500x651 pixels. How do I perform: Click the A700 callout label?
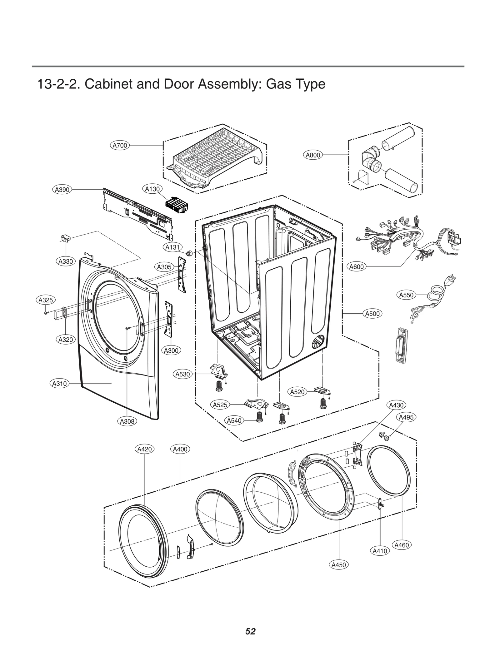coord(120,145)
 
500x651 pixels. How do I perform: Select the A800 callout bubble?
coord(313,155)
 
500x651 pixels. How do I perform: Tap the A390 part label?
coord(62,190)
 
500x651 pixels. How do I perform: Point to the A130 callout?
coord(152,189)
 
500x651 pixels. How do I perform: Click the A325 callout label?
coord(45,300)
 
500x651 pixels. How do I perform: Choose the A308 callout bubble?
coord(127,421)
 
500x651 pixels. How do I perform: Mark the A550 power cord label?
coord(406,295)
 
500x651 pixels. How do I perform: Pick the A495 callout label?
coord(406,417)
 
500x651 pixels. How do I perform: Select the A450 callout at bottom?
coord(339,565)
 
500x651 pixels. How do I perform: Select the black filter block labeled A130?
coord(177,206)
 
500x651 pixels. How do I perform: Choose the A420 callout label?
coord(145,449)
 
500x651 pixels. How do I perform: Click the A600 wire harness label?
coord(357,267)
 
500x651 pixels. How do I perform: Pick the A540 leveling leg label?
coord(234,420)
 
